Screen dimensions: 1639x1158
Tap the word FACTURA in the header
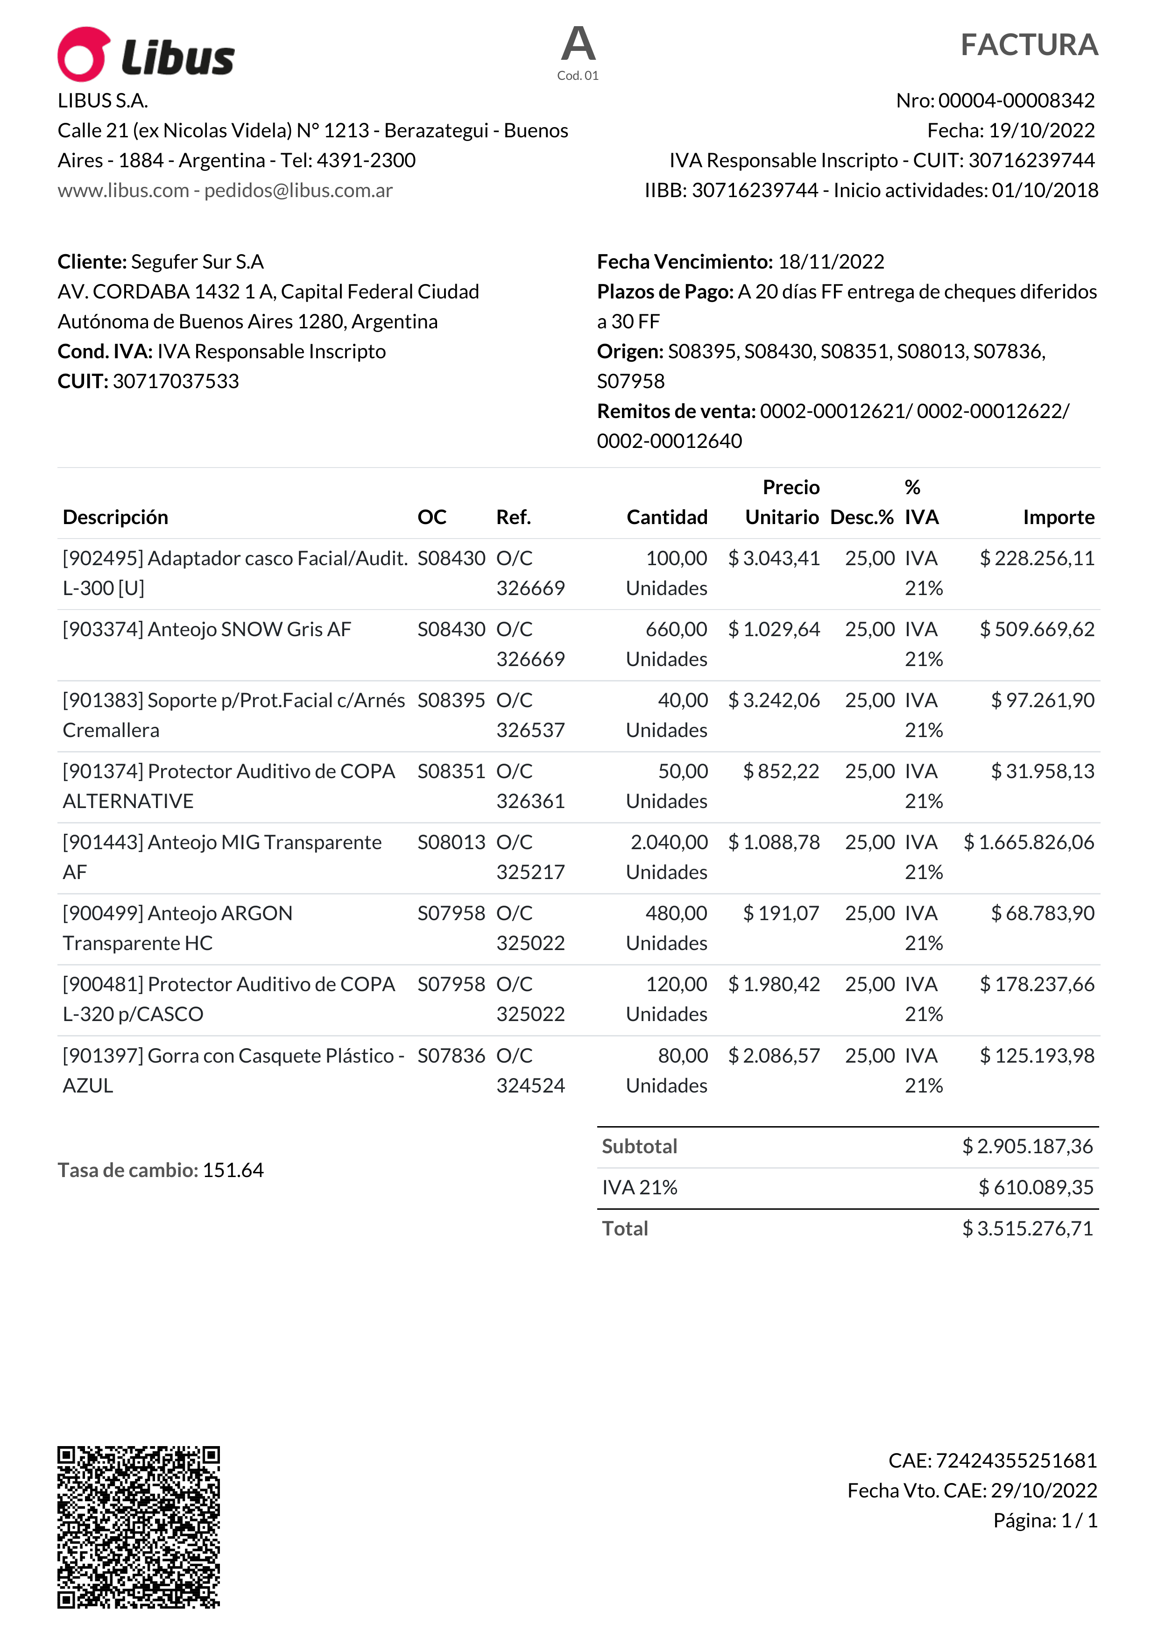[x=1028, y=45]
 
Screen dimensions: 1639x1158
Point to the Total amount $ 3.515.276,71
[x=1027, y=1228]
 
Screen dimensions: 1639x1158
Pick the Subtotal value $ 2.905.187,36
[x=1027, y=1146]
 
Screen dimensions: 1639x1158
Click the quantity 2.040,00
[x=669, y=842]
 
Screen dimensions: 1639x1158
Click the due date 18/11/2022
[x=831, y=262]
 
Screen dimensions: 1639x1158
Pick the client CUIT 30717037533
[x=176, y=381]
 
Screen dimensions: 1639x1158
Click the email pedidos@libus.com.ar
[x=298, y=191]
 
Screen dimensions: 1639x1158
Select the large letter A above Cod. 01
[x=578, y=44]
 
